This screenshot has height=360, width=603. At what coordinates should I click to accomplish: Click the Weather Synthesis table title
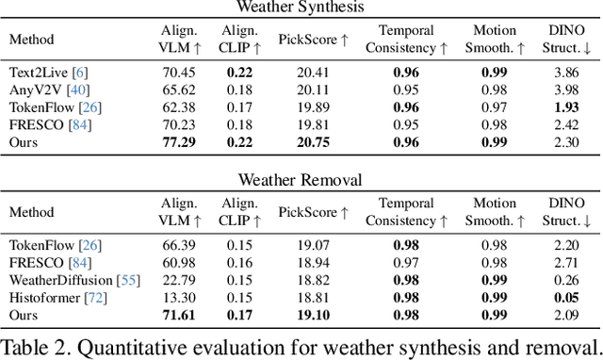click(301, 9)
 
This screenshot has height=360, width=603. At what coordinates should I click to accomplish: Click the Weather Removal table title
click(301, 179)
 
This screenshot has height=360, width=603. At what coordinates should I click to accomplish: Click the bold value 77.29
click(179, 142)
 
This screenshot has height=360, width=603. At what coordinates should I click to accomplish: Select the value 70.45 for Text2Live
click(179, 72)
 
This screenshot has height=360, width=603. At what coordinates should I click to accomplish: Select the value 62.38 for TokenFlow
click(179, 106)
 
